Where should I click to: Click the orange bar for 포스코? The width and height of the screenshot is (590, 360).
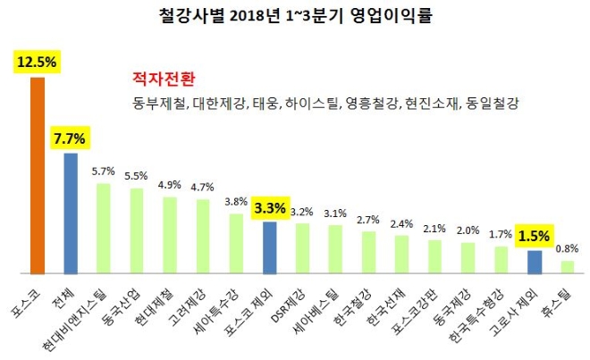coord(38,175)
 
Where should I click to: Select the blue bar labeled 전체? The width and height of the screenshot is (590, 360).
coord(71,213)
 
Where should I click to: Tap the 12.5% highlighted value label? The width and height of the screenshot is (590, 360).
coord(37,63)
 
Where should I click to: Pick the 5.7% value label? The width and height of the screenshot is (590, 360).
coord(104,171)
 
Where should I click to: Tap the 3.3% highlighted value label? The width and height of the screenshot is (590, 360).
coord(269,209)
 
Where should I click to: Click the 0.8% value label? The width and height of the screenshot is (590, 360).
coord(567,248)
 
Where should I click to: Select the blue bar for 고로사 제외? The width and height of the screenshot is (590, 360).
coord(534,261)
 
